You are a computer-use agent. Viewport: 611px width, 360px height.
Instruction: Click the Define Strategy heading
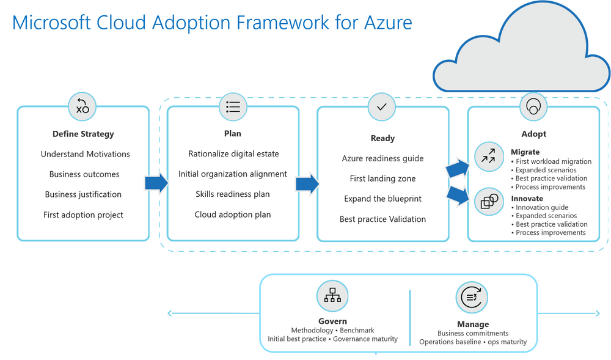tap(83, 134)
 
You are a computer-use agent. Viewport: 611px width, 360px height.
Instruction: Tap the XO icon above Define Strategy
tap(82, 107)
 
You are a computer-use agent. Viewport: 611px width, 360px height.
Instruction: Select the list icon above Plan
tap(233, 107)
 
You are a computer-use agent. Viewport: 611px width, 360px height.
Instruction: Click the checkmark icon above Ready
tap(382, 107)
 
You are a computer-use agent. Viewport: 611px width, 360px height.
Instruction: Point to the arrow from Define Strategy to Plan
tap(156, 183)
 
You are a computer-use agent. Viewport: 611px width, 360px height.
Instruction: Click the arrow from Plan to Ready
tap(307, 183)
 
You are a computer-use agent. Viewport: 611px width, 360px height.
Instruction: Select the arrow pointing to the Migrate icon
tap(458, 168)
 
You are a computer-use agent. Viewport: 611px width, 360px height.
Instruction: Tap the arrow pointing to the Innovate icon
tap(458, 195)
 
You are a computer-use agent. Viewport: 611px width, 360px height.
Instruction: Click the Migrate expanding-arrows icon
tap(489, 156)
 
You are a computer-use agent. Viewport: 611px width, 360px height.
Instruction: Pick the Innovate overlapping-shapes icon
tap(489, 202)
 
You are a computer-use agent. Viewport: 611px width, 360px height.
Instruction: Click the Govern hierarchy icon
tap(332, 296)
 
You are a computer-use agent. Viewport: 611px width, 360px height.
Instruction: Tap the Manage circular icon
tap(472, 297)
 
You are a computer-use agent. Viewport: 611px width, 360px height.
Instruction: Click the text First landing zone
tap(382, 178)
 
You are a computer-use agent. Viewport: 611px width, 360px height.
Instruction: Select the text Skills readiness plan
tap(233, 194)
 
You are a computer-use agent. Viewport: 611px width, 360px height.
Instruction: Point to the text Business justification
tap(83, 194)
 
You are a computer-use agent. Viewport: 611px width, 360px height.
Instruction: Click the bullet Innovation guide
tap(540, 207)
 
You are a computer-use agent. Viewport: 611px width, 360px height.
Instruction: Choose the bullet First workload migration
tap(551, 161)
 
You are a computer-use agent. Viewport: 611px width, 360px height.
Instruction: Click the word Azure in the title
tap(388, 23)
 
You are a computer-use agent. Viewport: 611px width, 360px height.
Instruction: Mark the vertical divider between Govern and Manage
tap(410, 318)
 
